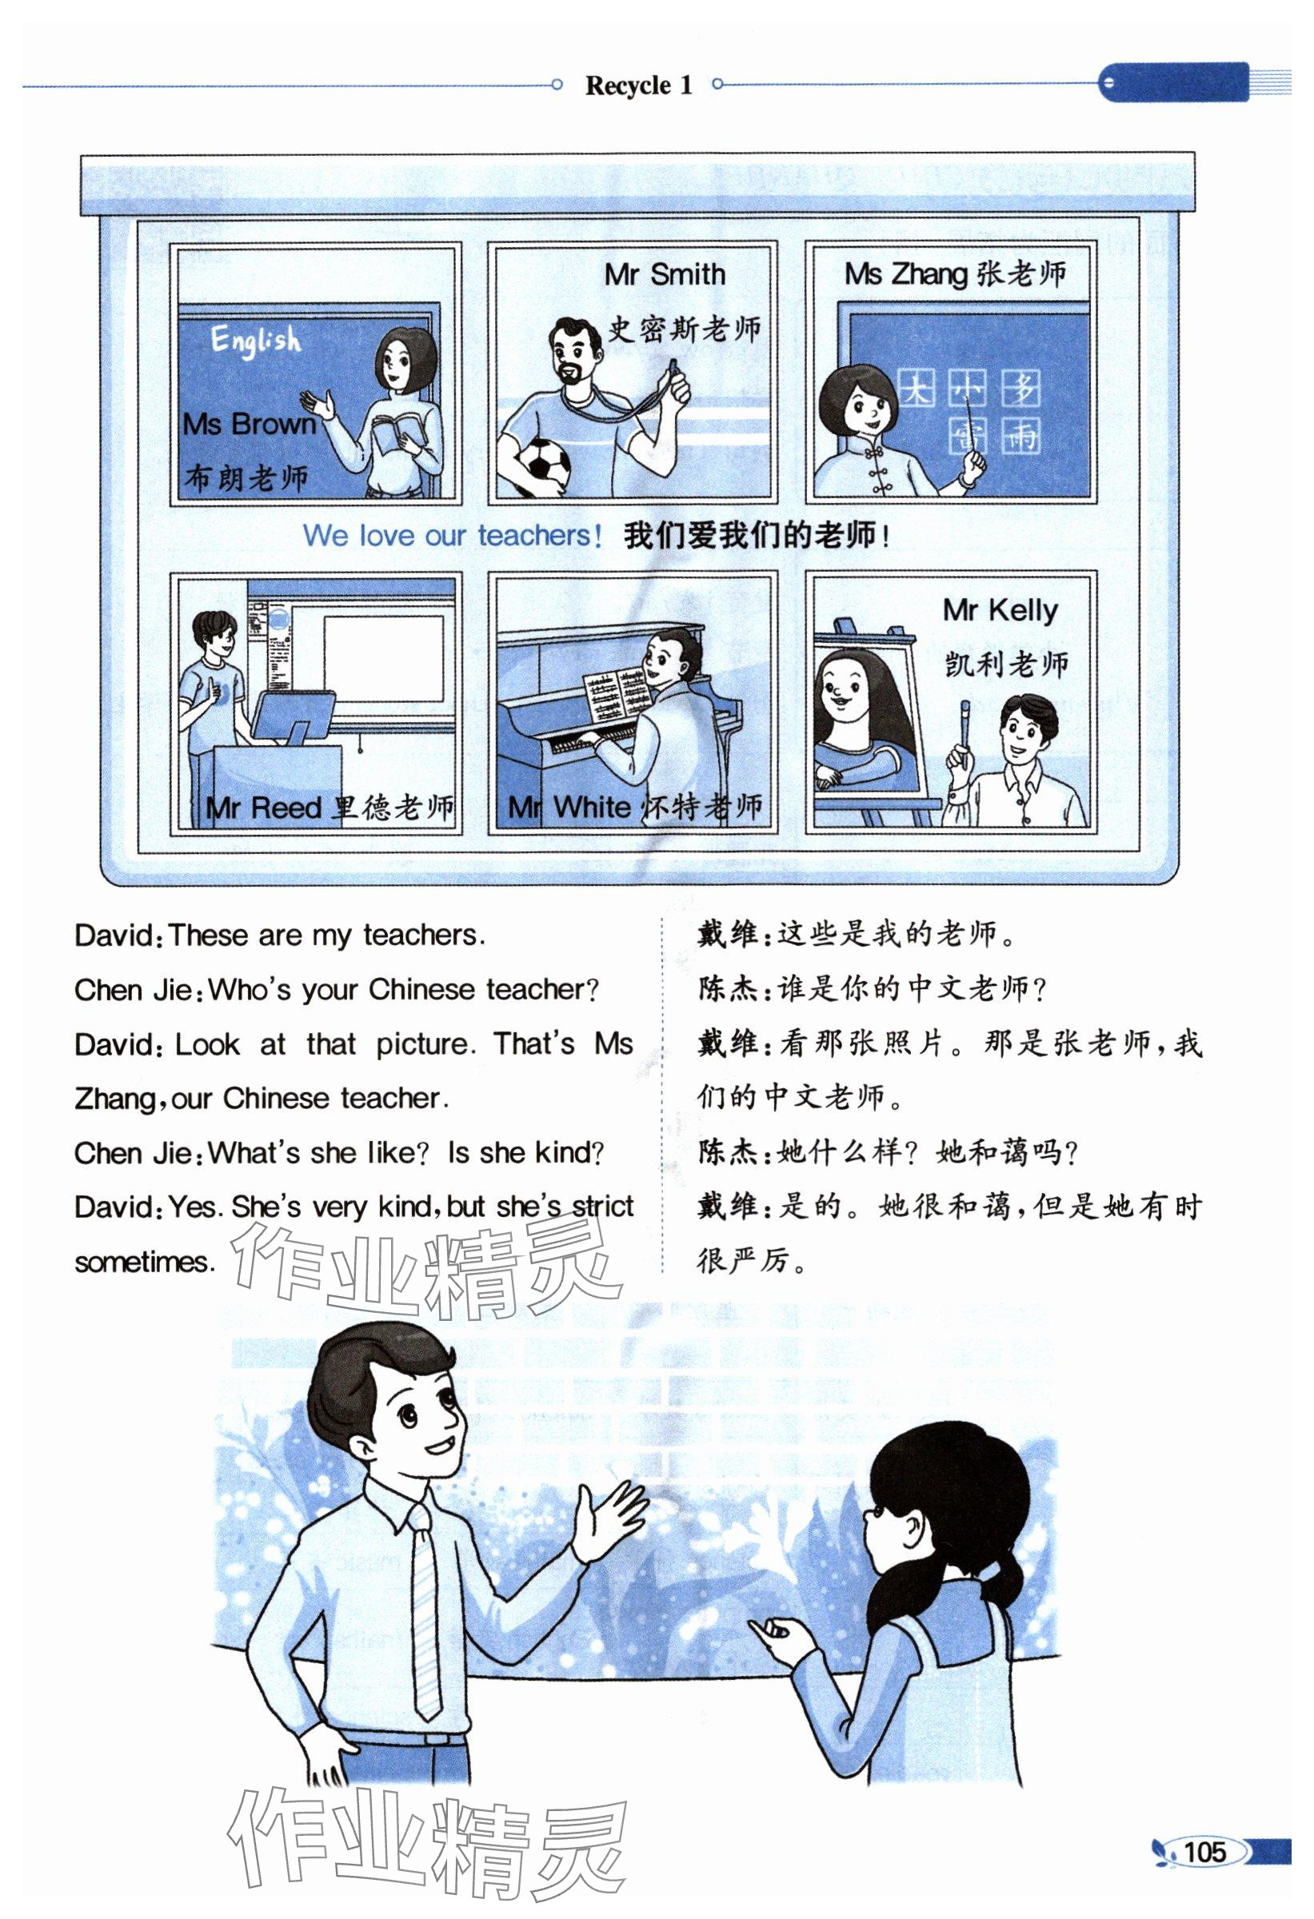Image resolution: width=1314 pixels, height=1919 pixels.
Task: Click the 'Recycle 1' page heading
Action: pyautogui.click(x=638, y=85)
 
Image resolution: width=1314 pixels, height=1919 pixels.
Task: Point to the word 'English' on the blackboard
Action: pyautogui.click(x=255, y=339)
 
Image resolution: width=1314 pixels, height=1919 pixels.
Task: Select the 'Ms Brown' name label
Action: pyautogui.click(x=250, y=424)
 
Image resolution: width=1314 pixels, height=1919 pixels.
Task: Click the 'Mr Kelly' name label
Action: pyautogui.click(x=1000, y=611)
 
